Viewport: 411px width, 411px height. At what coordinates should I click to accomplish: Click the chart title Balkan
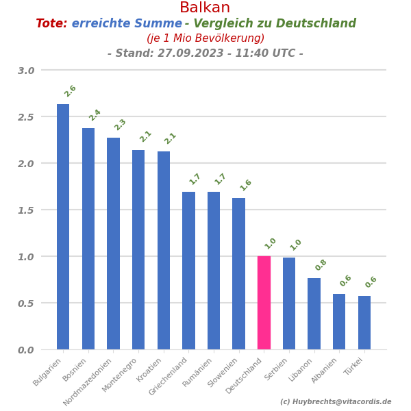pos(205,8)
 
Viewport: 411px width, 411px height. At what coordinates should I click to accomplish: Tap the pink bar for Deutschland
pos(264,302)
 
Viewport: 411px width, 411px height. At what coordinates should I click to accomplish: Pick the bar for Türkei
pos(364,322)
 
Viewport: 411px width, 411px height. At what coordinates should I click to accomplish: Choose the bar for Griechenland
pos(188,270)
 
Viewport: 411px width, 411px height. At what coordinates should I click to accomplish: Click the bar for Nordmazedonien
pos(113,243)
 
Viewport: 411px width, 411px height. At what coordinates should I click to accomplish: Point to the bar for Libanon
pos(314,313)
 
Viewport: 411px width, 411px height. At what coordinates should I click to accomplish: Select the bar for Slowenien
pos(238,273)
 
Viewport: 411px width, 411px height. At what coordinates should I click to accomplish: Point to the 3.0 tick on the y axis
pos(26,71)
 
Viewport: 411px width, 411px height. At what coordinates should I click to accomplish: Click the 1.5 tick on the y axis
pos(26,210)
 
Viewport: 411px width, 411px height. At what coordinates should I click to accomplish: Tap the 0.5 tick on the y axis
pos(26,303)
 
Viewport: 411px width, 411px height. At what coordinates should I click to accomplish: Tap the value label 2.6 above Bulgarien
pos(70,91)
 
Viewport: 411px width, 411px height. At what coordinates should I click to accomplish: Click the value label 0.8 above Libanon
pos(321,265)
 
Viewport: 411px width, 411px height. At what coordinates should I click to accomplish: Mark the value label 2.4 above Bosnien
pos(95,115)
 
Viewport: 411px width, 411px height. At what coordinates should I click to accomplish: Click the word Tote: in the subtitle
pos(51,24)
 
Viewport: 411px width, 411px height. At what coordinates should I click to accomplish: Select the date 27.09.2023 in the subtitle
pos(188,53)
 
